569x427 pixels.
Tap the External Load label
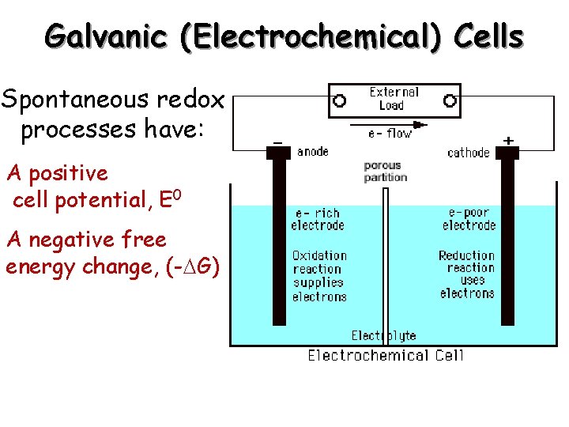point(394,99)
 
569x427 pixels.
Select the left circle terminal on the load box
point(340,100)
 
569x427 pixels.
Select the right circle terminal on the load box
point(450,100)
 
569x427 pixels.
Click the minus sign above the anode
point(277,141)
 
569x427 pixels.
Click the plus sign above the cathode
point(509,140)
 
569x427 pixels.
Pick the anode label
point(313,152)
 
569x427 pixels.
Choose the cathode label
point(469,153)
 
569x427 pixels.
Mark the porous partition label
point(386,172)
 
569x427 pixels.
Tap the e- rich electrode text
point(317,219)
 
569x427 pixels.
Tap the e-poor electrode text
point(469,219)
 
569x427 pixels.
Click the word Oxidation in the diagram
point(319,255)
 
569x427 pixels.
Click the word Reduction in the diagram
point(467,255)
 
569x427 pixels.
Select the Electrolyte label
point(384,336)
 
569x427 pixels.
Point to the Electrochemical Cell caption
point(386,355)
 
